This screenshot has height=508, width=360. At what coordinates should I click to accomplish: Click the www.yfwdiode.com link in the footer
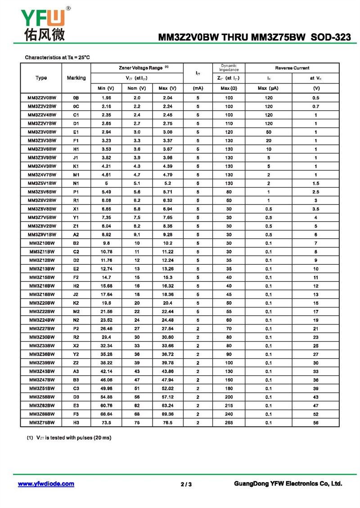(46, 484)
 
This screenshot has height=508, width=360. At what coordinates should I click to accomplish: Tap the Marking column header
(76, 78)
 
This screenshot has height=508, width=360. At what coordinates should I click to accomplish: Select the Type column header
(41, 78)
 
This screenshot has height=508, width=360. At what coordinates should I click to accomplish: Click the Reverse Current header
(292, 68)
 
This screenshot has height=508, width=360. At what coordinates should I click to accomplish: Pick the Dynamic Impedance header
(229, 68)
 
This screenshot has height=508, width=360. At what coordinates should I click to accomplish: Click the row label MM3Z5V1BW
(42, 183)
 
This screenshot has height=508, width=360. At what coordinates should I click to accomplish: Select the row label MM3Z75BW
(42, 423)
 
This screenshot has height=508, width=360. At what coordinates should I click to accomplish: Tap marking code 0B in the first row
(76, 98)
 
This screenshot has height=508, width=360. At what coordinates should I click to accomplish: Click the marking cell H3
(76, 423)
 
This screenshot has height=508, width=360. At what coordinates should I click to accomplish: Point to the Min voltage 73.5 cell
(106, 423)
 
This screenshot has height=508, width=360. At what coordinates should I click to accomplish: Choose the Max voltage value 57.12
(167, 397)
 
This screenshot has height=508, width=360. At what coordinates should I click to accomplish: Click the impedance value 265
(229, 423)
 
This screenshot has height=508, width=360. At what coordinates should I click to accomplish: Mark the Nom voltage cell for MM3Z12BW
(137, 260)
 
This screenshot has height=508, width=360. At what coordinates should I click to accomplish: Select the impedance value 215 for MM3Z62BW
(229, 406)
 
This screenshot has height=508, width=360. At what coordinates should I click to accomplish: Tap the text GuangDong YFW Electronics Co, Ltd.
(288, 484)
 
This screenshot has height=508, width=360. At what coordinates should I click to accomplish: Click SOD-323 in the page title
(331, 38)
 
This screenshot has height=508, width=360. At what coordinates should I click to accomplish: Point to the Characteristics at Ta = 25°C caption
(57, 57)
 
